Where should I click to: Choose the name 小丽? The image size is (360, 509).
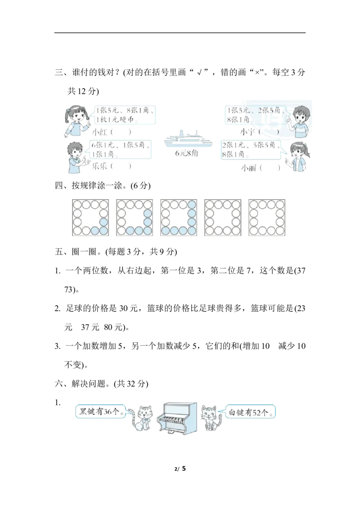coord(248,167)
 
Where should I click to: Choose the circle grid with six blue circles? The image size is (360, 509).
coord(134,218)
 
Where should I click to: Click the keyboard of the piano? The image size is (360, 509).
coord(176,420)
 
